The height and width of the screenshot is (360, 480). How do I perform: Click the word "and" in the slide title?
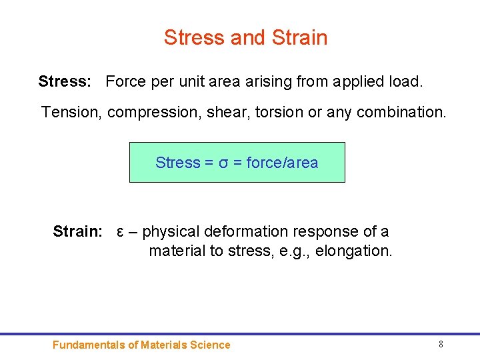(247, 37)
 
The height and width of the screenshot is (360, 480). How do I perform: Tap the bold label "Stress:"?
(65, 82)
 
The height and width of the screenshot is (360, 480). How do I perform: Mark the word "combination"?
(401, 112)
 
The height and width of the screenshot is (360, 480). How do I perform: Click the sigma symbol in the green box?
(223, 163)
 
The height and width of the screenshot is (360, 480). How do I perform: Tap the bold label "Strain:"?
(77, 232)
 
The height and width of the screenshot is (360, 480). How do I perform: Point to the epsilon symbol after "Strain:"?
(120, 232)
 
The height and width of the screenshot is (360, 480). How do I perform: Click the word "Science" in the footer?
(210, 345)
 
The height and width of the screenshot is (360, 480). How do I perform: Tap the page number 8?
(441, 344)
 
